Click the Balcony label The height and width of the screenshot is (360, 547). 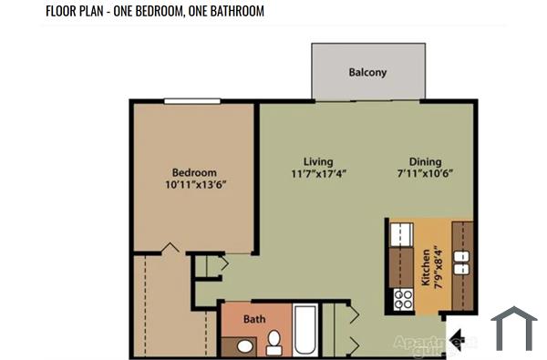367,72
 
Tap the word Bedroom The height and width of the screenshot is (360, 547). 194,172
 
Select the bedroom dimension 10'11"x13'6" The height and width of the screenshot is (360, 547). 194,184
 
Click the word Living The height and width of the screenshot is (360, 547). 318,161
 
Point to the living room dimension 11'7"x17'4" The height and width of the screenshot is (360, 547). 318,173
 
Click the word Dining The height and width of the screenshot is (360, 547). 425,161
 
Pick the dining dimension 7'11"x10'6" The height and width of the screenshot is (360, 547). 425,173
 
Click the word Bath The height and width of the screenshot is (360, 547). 254,320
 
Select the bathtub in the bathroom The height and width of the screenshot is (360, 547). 306,331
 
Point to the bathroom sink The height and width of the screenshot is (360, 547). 244,345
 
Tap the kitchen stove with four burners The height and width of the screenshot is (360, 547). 401,298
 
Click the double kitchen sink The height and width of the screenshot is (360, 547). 461,263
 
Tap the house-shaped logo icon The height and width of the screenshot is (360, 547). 513,328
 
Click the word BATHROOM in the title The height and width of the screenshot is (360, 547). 229,12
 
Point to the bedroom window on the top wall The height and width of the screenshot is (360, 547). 192,100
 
